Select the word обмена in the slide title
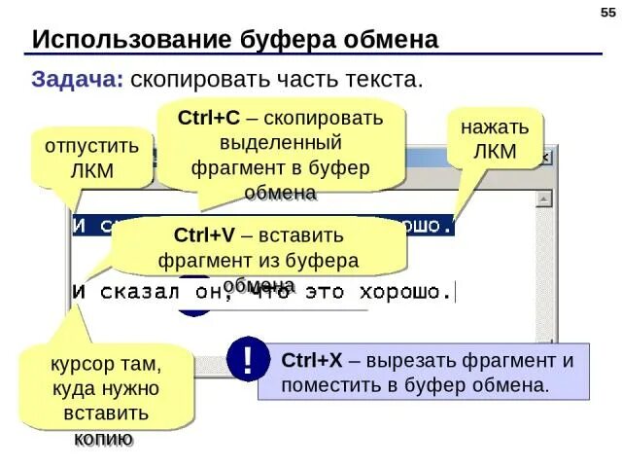pos(391,40)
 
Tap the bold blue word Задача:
pos(78,80)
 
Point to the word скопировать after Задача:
pos(193,80)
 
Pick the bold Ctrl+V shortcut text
pos(204,236)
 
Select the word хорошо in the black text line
pos(408,291)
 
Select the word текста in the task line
pos(392,80)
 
